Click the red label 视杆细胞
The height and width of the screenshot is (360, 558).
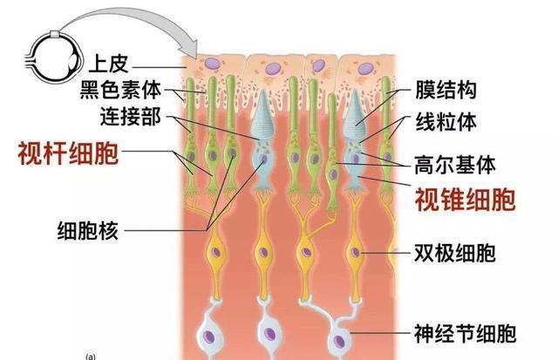(x=68, y=155)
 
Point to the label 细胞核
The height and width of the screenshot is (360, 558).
(x=85, y=231)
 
